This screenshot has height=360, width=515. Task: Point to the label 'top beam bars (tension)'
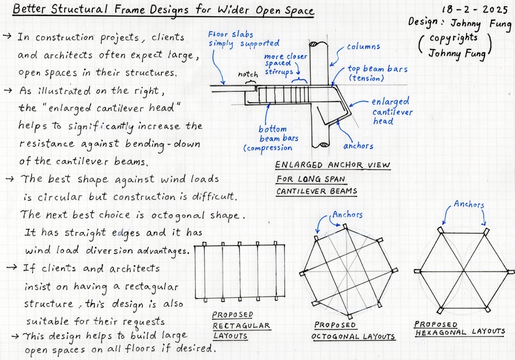tap(377, 73)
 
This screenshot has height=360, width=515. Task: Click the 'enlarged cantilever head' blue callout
tap(390, 111)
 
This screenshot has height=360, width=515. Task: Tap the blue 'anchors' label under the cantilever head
tap(358, 146)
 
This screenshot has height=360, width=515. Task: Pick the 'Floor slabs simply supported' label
tap(243, 39)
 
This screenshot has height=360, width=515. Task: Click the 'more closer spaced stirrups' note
tap(286, 64)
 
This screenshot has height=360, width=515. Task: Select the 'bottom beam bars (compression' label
tap(271, 138)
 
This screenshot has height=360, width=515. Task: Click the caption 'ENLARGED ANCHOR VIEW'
tap(332, 165)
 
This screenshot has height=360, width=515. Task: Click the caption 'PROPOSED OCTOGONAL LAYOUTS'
tap(354, 331)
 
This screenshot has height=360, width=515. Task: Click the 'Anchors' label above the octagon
tap(347, 214)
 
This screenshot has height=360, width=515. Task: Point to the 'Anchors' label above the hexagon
tap(469, 205)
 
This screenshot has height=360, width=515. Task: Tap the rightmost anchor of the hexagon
tap(511, 272)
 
